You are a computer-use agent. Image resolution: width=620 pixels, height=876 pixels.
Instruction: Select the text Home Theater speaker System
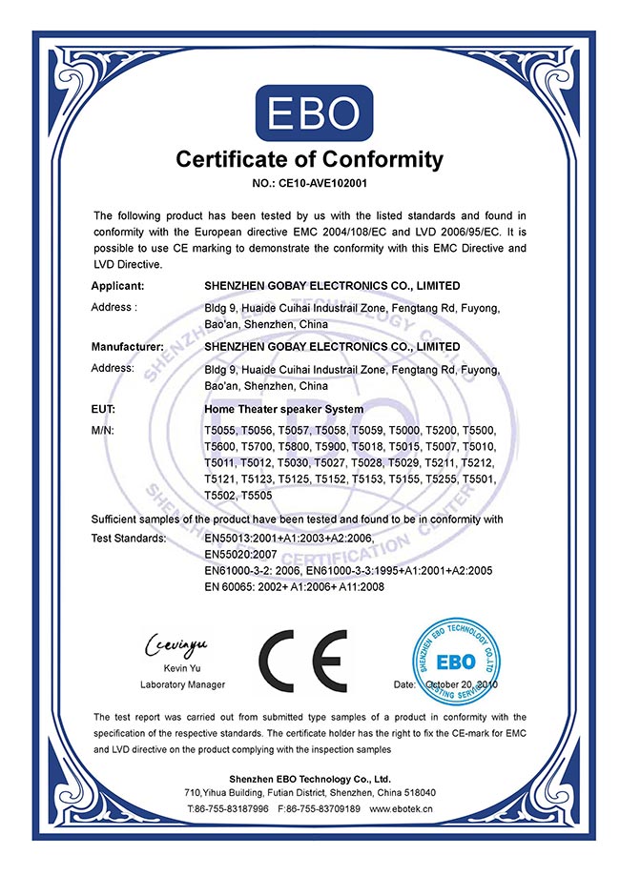pyautogui.click(x=283, y=409)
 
